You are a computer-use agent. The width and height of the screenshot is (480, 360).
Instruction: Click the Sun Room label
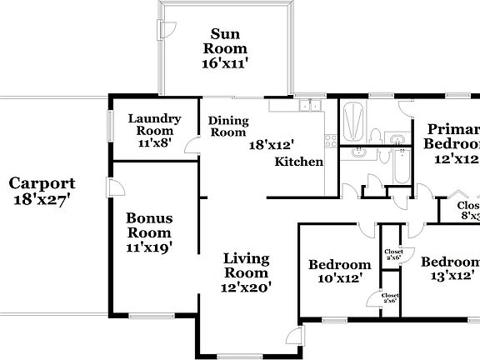click(224, 41)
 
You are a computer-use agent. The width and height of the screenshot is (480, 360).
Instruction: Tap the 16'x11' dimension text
click(224, 62)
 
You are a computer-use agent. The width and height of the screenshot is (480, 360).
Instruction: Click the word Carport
click(42, 183)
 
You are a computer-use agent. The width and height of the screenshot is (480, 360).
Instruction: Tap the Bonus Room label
click(149, 225)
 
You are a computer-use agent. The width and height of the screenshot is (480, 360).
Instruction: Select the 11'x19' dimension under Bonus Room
click(149, 247)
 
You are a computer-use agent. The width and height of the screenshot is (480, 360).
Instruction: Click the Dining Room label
click(227, 127)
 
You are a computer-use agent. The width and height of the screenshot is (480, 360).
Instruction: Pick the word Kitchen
click(299, 162)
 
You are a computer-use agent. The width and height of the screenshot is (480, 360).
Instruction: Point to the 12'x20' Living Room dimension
click(246, 287)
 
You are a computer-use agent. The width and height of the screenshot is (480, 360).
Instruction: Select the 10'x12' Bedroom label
click(339, 272)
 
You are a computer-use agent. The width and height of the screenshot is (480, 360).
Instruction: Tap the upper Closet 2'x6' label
click(392, 255)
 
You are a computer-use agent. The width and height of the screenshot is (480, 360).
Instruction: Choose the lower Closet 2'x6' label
click(389, 297)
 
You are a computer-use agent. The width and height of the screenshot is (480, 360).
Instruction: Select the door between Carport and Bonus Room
click(109, 187)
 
